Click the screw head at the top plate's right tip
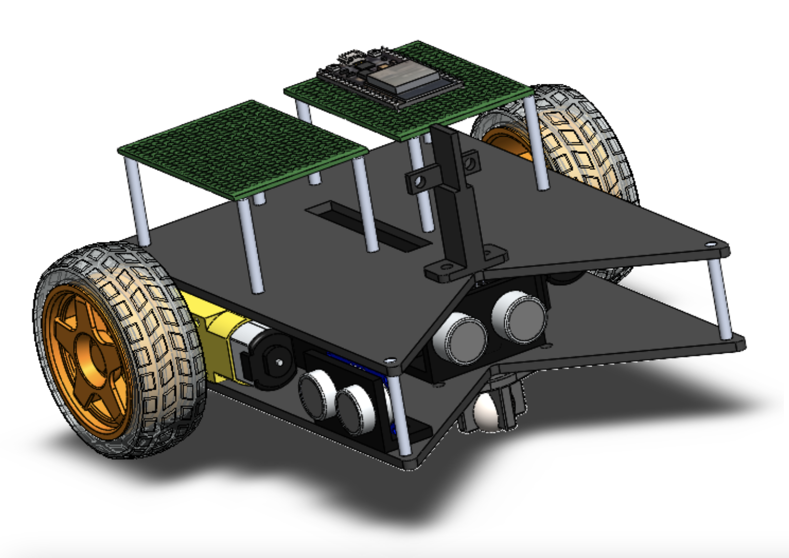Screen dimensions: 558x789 pyautogui.click(x=711, y=244)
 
